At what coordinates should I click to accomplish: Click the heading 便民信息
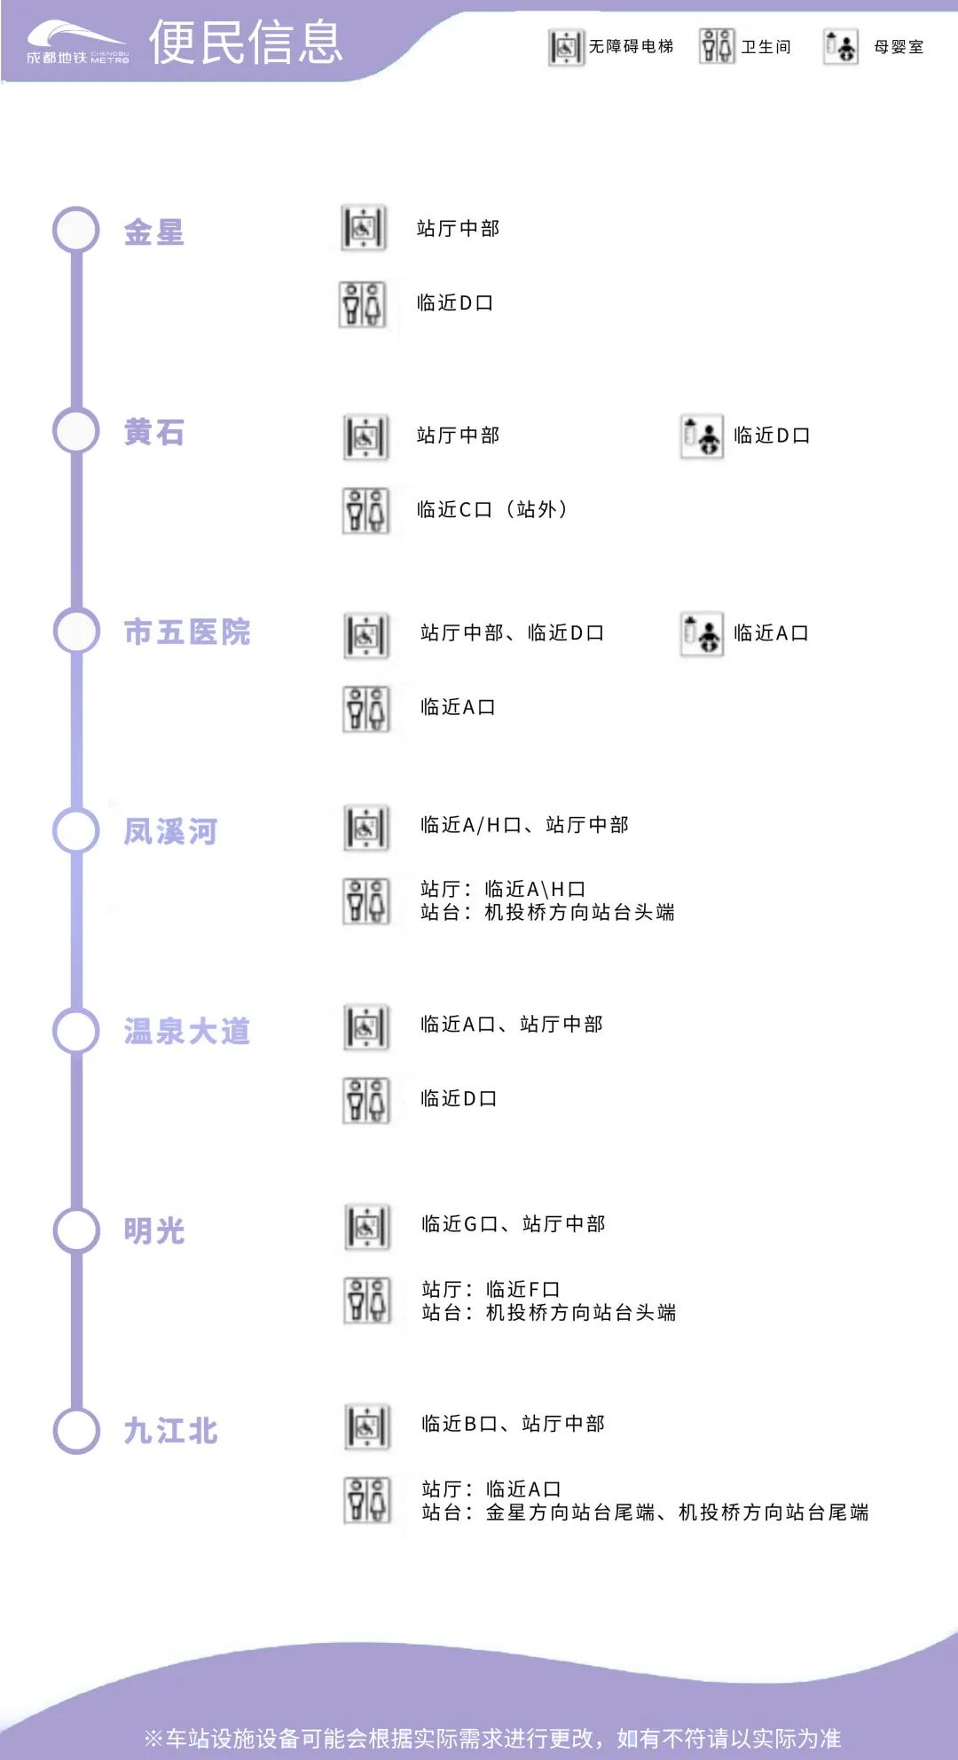246,43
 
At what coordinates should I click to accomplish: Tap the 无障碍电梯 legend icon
566,47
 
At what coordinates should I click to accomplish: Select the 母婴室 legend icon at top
840,47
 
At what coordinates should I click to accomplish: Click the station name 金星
154,232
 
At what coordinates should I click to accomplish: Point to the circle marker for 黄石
76,430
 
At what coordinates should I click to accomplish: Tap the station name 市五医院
187,632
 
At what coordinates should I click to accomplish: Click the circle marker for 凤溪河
76,830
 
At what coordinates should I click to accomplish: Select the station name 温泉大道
187,1031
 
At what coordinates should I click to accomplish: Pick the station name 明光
154,1231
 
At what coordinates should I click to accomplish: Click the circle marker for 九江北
76,1430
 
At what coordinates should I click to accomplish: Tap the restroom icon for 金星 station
363,304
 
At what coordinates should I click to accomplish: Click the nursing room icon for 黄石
702,436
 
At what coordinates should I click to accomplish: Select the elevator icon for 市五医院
366,635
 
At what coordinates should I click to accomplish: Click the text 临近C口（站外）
492,509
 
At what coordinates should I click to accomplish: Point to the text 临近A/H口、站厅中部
524,825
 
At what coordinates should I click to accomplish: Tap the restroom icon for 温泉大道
366,1100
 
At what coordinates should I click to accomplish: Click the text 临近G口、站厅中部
514,1224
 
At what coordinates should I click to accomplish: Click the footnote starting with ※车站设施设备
492,1738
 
